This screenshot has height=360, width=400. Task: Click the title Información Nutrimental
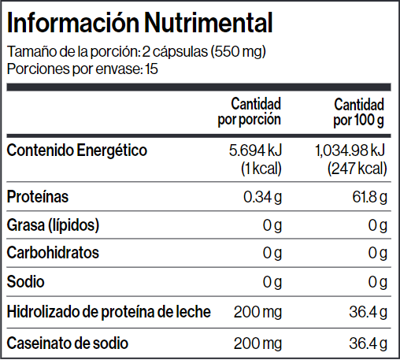click(140, 23)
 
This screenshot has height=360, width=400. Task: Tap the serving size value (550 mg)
click(239, 52)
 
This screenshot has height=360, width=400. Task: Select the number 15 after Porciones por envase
click(151, 69)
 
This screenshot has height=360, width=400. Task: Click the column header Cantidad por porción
click(250, 112)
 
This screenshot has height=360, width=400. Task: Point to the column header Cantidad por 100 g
click(359, 113)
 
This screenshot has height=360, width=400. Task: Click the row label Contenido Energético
click(77, 150)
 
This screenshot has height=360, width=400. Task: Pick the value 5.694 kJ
click(255, 150)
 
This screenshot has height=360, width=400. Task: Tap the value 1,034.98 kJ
click(350, 150)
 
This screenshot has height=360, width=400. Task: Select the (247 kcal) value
click(357, 169)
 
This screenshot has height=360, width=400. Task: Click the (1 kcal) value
click(261, 169)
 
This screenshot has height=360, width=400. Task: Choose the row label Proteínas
click(38, 196)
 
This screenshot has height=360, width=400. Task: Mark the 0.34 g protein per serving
click(263, 197)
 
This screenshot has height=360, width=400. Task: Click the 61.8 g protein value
click(369, 197)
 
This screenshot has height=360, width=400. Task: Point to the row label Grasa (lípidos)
click(53, 225)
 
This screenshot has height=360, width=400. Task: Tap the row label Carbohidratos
click(53, 253)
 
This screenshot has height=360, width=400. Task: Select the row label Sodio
click(26, 282)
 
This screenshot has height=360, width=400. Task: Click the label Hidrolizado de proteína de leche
click(109, 312)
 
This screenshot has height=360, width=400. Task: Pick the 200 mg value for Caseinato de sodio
click(257, 343)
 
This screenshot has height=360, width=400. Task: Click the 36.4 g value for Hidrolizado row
click(368, 312)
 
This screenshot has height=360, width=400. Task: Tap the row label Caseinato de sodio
click(68, 343)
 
